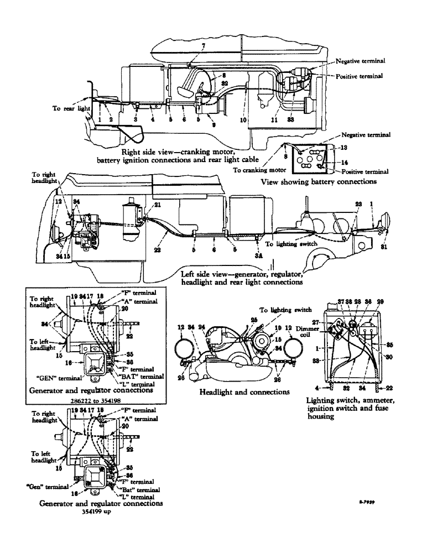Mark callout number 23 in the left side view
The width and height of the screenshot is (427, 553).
358,204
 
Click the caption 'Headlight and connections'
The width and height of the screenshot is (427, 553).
245,392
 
